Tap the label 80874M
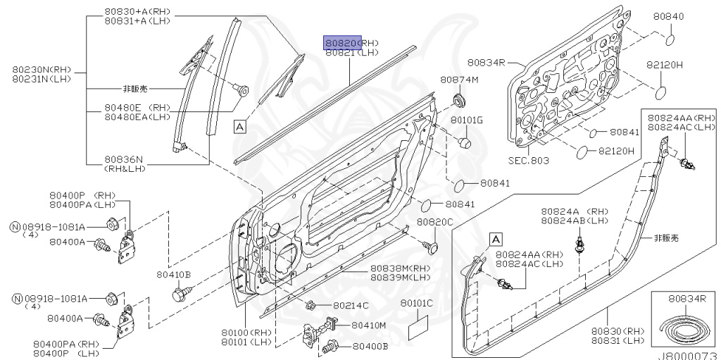(459, 80)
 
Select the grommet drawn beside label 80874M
(460, 97)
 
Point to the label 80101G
(467, 120)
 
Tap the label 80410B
(174, 274)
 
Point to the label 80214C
(351, 305)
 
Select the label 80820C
(434, 222)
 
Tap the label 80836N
(124, 159)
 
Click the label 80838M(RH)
(401, 268)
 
